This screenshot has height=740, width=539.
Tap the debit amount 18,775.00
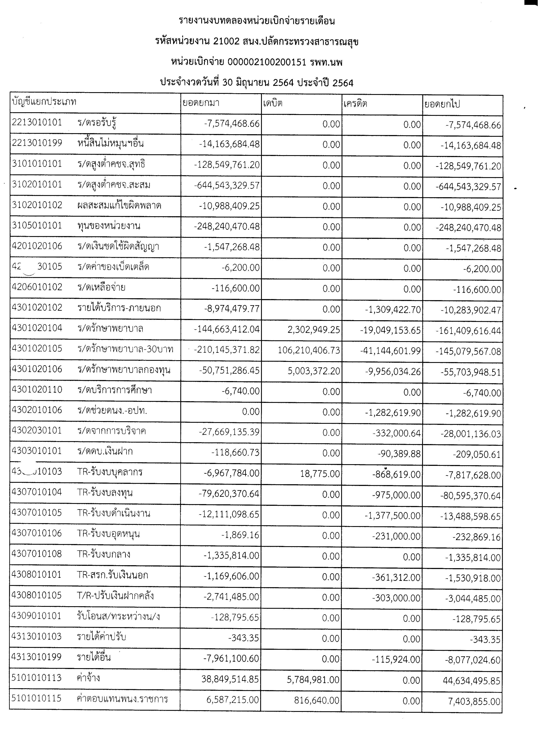click(x=320, y=474)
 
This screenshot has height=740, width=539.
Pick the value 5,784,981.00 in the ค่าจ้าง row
click(x=313, y=680)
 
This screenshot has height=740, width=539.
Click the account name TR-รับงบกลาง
click(x=104, y=554)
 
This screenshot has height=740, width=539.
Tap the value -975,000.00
click(x=396, y=495)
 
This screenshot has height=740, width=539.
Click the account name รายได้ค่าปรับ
click(x=101, y=637)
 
